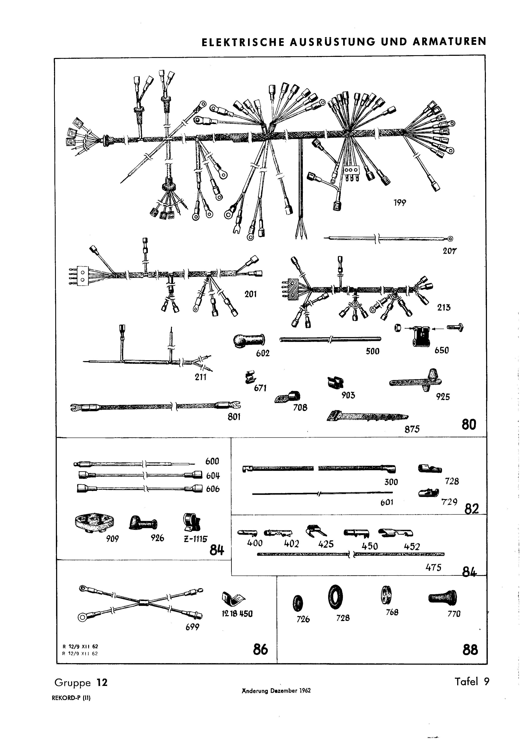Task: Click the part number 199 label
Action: point(400,203)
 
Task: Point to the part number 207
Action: point(450,251)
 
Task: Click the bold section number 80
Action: point(469,425)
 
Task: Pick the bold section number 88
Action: point(470,650)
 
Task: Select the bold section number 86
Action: point(260,649)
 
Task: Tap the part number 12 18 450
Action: point(237,614)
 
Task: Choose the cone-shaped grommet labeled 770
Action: point(443,598)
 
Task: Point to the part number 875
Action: point(412,429)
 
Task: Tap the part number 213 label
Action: point(444,307)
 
